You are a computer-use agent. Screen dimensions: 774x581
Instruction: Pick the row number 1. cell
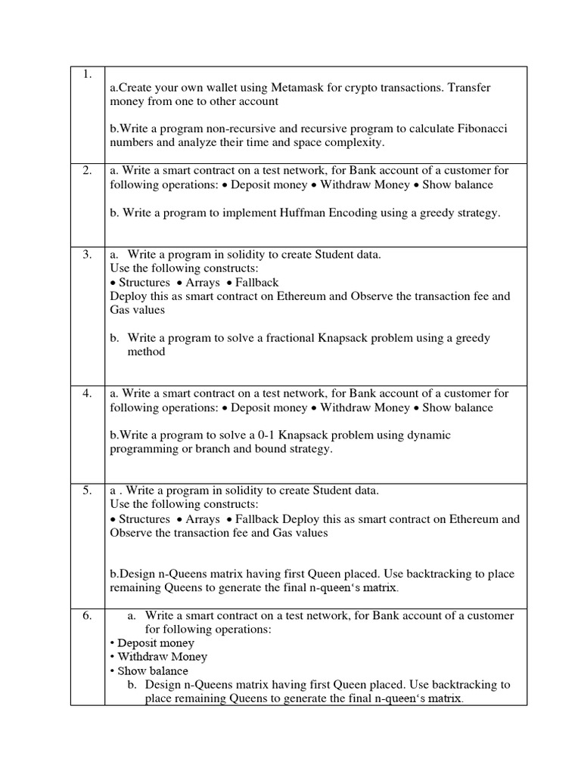(87, 74)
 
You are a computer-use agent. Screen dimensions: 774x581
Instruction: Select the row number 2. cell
(87, 171)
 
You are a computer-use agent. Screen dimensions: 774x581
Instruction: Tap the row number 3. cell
(87, 255)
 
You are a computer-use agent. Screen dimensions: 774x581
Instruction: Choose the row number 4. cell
(87, 393)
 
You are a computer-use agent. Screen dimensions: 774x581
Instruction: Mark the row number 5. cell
(87, 491)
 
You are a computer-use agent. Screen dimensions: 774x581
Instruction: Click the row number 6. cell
(87, 616)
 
